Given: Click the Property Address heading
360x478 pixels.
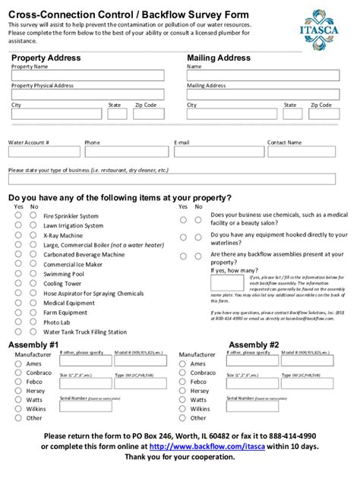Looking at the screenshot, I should point(47,58).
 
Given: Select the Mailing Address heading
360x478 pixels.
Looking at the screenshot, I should point(218,58).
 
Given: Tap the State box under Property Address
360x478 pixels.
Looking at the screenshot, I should point(116,114).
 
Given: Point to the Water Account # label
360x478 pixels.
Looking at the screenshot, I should point(28,142).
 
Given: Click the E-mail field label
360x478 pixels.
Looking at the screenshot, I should point(182,142).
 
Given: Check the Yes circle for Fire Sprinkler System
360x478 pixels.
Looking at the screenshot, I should point(18,215).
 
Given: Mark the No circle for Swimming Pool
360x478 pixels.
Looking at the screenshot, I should point(33,274).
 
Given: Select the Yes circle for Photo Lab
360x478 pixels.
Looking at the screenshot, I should point(18,322).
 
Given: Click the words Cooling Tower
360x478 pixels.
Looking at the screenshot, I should point(62,284).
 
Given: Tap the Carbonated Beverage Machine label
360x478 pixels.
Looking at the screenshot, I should point(84,255).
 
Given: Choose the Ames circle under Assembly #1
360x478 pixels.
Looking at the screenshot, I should point(18,363).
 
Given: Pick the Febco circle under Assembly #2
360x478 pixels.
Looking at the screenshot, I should point(182,382).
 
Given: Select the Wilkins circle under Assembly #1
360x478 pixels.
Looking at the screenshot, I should point(18,409).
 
